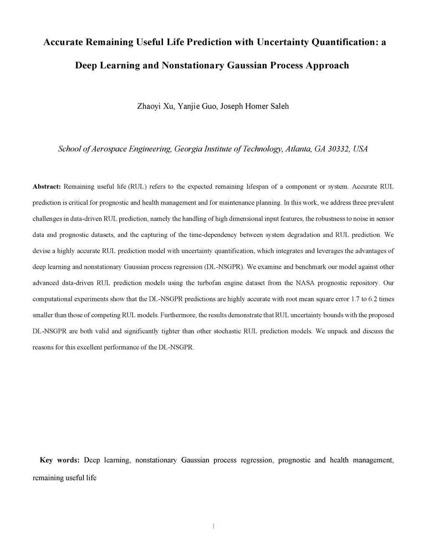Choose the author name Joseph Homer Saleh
point(254,106)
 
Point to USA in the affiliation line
point(360,149)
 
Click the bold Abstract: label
point(47,187)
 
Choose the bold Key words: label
point(60,460)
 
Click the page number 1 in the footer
point(213,526)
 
